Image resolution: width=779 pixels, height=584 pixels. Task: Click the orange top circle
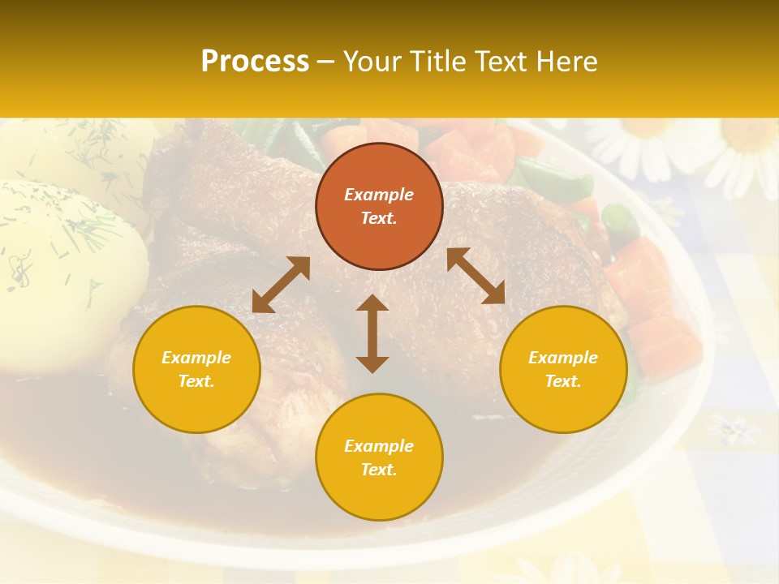click(x=379, y=207)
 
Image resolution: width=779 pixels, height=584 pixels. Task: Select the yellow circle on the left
click(x=196, y=369)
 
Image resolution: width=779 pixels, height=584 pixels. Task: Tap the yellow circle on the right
click(x=563, y=369)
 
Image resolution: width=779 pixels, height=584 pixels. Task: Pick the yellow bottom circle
click(x=379, y=457)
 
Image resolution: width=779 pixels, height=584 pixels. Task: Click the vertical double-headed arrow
click(x=372, y=333)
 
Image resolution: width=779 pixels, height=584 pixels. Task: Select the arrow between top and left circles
click(x=281, y=284)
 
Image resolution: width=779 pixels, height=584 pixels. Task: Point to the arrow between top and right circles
click(x=476, y=276)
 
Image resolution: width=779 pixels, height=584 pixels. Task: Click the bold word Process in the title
click(x=255, y=61)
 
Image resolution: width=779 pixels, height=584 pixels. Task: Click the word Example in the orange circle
click(x=379, y=195)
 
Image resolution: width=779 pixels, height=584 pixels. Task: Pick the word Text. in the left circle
click(x=196, y=381)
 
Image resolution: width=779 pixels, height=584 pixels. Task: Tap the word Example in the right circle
click(x=563, y=358)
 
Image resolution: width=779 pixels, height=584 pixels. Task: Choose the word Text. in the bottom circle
click(x=379, y=470)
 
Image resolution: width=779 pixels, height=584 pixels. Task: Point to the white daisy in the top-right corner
click(x=742, y=154)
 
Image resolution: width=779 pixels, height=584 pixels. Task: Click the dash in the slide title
click(x=326, y=61)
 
